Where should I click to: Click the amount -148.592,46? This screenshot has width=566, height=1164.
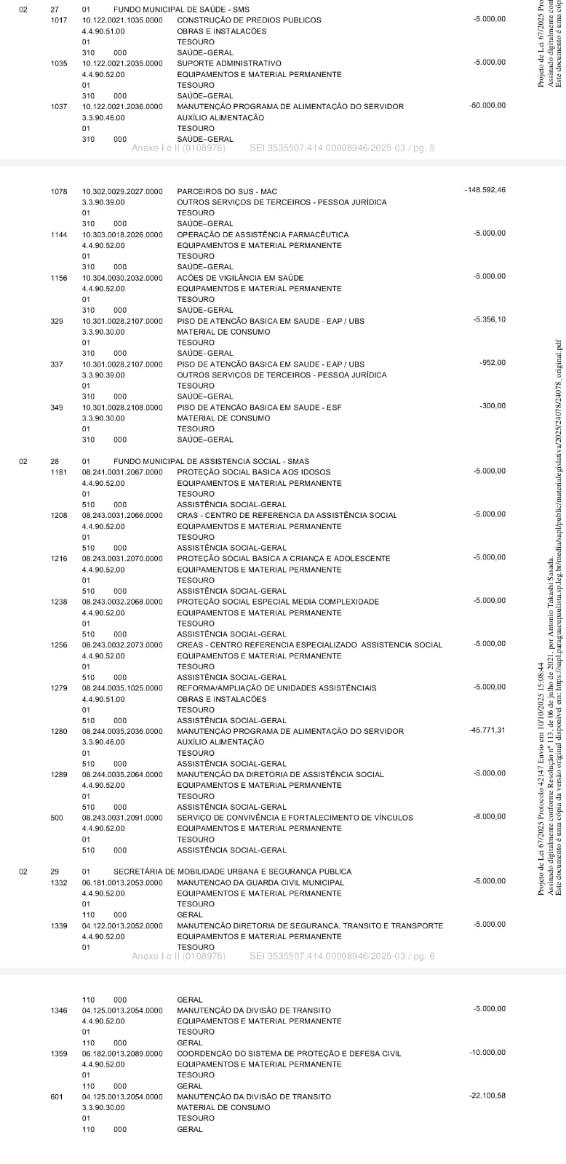coord(485,190)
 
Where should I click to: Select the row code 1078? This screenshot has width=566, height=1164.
coord(59,191)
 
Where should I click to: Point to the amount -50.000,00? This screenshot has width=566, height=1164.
coord(487,105)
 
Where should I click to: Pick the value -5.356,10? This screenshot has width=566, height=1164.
coord(489,319)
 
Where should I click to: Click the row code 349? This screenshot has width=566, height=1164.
coord(57,407)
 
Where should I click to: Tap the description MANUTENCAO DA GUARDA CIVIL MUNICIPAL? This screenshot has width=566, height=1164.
coord(260,882)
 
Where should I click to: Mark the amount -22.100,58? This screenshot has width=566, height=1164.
coord(487,1095)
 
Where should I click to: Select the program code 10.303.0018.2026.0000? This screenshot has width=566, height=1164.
coord(122,234)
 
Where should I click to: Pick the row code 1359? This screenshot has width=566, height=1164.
coord(59,1053)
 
